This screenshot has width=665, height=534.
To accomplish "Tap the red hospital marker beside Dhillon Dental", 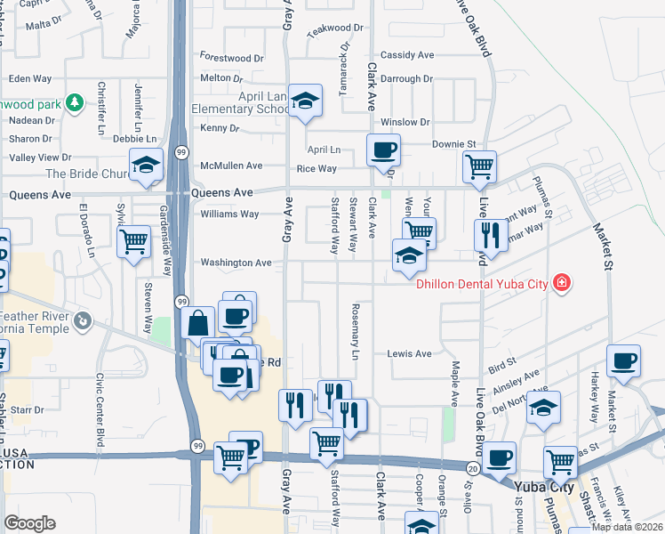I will (561, 284).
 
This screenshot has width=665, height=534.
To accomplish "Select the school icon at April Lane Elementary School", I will (305, 101).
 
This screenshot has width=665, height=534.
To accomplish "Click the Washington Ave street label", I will (236, 263).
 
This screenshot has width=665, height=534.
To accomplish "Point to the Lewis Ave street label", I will (409, 353).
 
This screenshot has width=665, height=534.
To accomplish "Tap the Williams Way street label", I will (229, 214).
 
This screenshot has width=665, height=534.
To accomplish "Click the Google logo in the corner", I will (29, 522).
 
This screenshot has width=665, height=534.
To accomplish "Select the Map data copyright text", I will (627, 527).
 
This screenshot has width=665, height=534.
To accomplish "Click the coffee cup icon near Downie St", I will (383, 150).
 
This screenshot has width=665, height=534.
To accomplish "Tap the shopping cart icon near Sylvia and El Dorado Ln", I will (133, 240).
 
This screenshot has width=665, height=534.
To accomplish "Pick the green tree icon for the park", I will (76, 103).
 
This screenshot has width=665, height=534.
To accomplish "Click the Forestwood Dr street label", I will (232, 58).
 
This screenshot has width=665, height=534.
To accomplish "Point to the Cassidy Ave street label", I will (407, 55).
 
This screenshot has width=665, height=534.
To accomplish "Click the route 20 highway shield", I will (471, 467).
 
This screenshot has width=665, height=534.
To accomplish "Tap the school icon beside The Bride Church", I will (146, 165).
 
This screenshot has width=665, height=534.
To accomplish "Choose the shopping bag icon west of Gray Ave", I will (199, 323).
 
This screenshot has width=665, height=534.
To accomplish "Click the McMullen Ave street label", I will (231, 166).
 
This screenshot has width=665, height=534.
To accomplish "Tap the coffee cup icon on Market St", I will (623, 361).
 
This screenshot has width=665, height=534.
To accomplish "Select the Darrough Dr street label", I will (406, 78).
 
